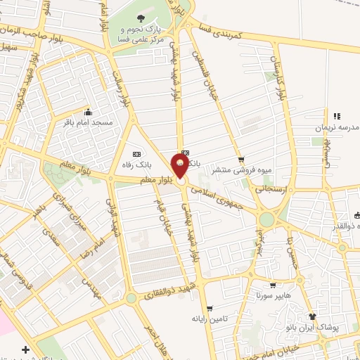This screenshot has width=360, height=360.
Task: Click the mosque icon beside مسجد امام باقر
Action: coord(87,111)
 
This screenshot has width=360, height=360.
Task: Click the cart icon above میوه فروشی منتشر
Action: coord(241,159)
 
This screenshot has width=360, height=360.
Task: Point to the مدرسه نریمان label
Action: coord(336,127)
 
